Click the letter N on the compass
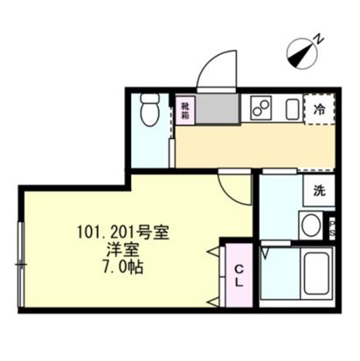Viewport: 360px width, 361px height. click(321, 38)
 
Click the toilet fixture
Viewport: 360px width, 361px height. click(149, 113)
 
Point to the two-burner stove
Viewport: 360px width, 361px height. click(260, 108)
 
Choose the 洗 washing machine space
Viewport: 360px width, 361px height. click(320, 191)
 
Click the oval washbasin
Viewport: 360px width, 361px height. click(309, 225)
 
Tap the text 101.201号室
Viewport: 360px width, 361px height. click(121, 233)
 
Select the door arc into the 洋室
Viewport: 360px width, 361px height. click(234, 185)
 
